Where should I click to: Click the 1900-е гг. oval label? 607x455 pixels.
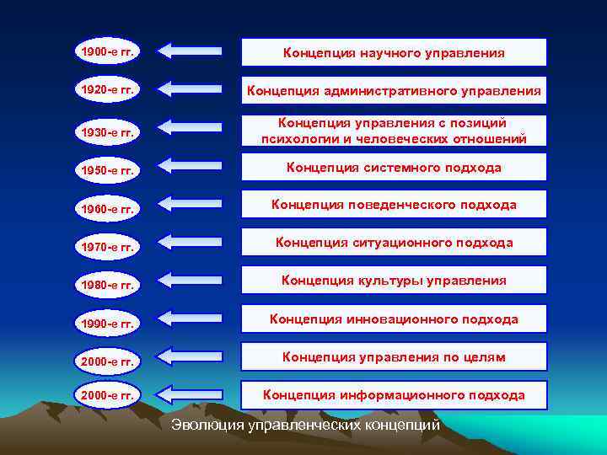pyautogui.click(x=107, y=51)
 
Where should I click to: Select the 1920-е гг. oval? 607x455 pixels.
pyautogui.click(x=107, y=88)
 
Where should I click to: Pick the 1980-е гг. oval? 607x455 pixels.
pyautogui.click(x=107, y=284)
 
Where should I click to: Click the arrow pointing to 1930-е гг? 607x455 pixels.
pyautogui.click(x=190, y=127)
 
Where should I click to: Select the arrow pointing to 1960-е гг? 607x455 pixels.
pyautogui.click(x=190, y=203)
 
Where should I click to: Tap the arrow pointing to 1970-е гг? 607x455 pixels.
pyautogui.click(x=190, y=243)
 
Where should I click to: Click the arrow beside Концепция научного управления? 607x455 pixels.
pyautogui.click(x=190, y=51)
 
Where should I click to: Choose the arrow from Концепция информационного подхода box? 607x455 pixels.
pyautogui.click(x=190, y=393)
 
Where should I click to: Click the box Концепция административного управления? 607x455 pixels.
pyautogui.click(x=394, y=90)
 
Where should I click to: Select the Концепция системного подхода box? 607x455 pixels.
pyautogui.click(x=394, y=168)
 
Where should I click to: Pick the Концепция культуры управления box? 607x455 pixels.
pyautogui.click(x=394, y=280)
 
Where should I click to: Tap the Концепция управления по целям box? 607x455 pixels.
pyautogui.click(x=394, y=357)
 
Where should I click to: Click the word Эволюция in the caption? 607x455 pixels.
pyautogui.click(x=207, y=425)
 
